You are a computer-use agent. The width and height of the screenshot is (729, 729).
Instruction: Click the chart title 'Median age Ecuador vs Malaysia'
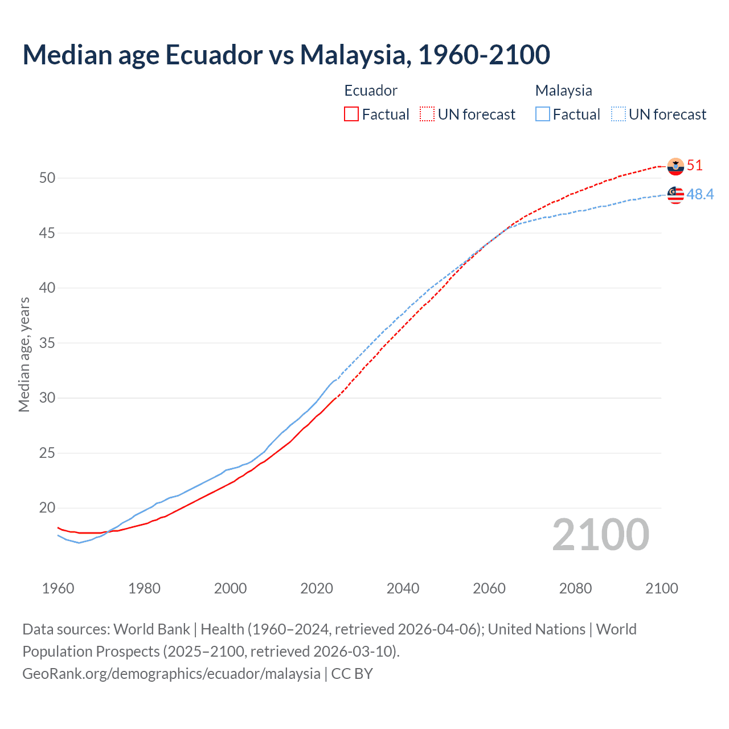[x=286, y=55]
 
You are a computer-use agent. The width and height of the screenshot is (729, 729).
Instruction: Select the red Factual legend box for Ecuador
[x=351, y=114]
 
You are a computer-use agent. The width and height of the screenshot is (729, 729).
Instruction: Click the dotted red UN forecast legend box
[x=427, y=114]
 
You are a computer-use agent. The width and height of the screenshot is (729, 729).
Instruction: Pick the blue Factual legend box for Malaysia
[x=543, y=114]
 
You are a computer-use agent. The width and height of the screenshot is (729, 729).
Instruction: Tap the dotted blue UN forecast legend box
[x=619, y=114]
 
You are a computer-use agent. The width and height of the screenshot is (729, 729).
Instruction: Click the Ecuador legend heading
[x=371, y=91]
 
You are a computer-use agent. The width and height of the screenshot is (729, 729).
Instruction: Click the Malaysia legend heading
[x=563, y=91]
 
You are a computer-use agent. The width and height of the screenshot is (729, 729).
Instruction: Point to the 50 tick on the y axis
[x=47, y=178]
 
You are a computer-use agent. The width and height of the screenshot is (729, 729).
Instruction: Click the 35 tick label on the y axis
[x=47, y=343]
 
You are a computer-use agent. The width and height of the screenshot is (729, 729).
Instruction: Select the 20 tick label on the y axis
[x=47, y=507]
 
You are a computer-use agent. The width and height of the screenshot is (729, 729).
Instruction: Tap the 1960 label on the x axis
[x=58, y=588]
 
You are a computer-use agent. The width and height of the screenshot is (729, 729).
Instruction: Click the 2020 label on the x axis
[x=317, y=588]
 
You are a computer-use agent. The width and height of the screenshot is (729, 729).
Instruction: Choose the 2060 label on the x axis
[x=489, y=588]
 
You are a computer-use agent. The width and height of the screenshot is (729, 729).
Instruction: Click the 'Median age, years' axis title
[x=24, y=354]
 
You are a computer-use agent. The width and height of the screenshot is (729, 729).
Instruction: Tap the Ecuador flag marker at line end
[x=675, y=166]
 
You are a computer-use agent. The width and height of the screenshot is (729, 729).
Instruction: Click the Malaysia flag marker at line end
[x=675, y=195]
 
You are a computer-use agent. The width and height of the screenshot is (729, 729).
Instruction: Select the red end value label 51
[x=695, y=166]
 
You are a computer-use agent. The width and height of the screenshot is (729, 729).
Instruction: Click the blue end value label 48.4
[x=700, y=195]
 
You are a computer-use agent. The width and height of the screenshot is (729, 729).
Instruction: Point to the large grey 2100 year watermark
[x=601, y=534]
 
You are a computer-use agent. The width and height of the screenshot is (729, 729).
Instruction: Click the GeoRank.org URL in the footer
[x=171, y=673]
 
